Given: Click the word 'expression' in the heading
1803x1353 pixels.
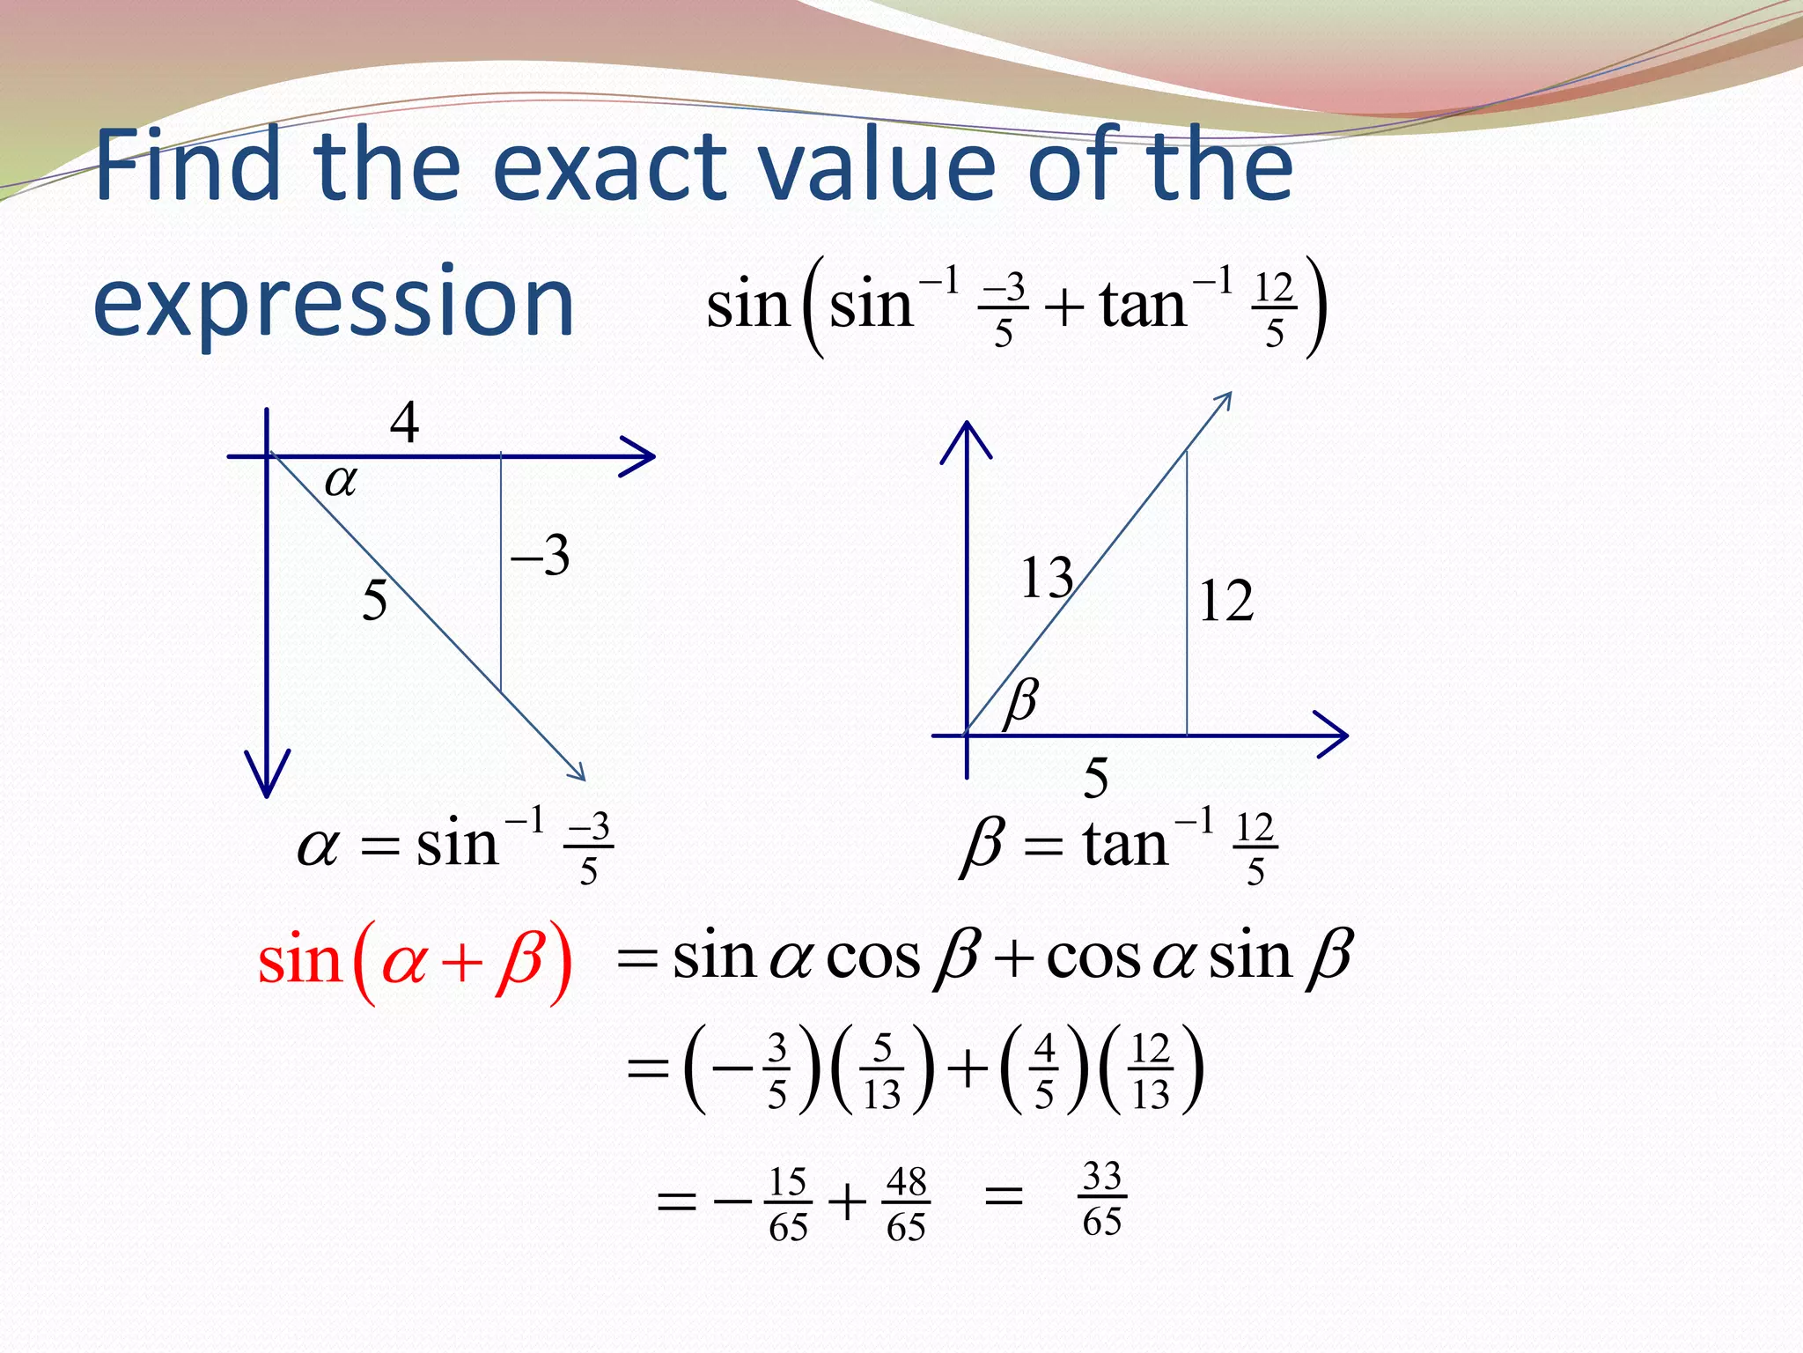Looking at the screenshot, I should (334, 304).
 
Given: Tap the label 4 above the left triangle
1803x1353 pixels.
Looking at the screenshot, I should (404, 424).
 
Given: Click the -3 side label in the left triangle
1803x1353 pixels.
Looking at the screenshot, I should (541, 556).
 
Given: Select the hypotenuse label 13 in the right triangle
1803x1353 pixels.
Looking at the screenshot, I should (1046, 579).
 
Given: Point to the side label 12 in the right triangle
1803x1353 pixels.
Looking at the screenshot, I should (1225, 603).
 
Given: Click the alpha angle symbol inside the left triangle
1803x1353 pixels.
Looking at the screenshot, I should (342, 481).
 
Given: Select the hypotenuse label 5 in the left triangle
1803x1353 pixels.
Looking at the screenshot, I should (375, 602).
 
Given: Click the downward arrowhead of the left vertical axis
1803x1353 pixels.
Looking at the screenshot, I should (267, 775).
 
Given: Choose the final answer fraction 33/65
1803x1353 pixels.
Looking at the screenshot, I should (1102, 1199).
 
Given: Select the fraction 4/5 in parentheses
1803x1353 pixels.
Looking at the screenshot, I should (1044, 1071).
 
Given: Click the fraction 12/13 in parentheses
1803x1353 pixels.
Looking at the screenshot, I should (1151, 1071).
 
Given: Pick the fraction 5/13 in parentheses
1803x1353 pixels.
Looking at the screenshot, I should (882, 1071).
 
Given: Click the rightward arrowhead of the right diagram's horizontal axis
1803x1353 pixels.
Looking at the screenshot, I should (1333, 734).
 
